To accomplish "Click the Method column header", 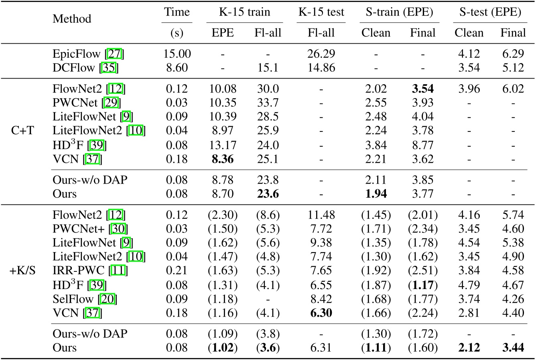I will point(72,19).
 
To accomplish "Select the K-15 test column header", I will point(321,12).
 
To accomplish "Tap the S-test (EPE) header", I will point(490,12).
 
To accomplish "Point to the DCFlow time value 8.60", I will point(177,67).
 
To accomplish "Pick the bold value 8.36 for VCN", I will point(223,160).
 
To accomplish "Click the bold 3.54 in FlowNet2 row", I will point(422,89).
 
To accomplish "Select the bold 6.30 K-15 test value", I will point(321,312).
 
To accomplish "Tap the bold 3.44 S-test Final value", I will point(512,347).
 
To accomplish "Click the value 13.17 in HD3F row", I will point(223,145).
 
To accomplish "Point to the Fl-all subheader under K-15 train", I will point(268,33).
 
